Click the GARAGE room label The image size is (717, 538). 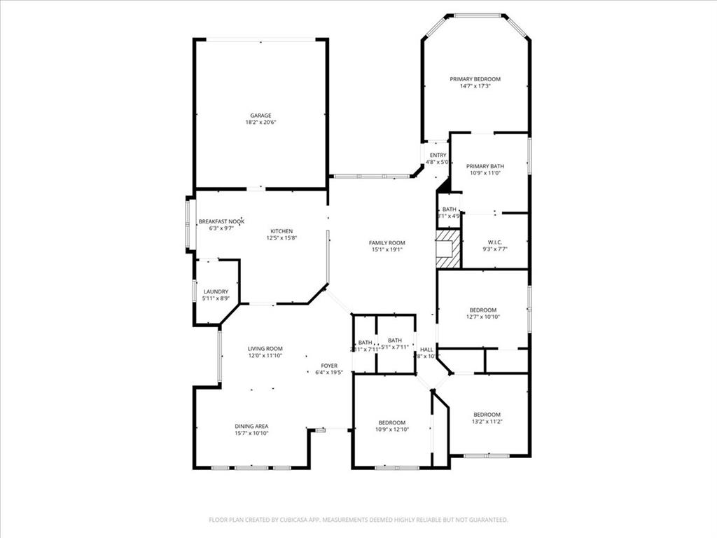pos(261,116)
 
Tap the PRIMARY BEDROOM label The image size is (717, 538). pos(475,79)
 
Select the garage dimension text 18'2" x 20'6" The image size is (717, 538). pos(261,123)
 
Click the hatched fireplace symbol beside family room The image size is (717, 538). pos(449,250)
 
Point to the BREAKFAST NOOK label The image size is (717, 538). pos(221,221)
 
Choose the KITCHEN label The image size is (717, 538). pos(281,231)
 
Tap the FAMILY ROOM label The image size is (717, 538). pos(387,243)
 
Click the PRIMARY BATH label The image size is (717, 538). pos(485,166)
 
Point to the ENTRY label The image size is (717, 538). pos(438,156)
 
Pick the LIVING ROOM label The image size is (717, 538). pos(265,349)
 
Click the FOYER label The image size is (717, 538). pos(329,366)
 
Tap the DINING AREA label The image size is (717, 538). pos(251,426)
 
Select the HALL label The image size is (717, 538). pos(426,349)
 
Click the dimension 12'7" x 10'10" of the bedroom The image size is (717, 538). pos(483,317)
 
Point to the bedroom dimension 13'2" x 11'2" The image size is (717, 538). pos(487,421)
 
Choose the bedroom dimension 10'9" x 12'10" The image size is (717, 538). pos(392,429)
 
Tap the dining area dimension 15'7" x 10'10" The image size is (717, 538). pos(251,433)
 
